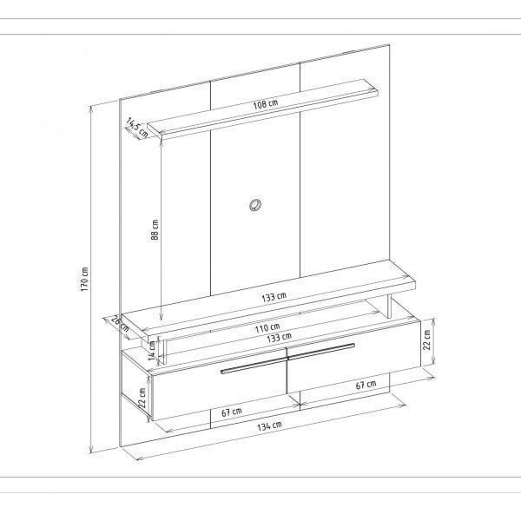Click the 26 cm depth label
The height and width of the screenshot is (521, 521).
120,324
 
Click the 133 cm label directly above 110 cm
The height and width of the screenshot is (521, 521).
274,298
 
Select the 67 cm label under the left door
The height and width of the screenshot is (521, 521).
231,412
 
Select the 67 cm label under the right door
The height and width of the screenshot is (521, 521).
366,385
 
